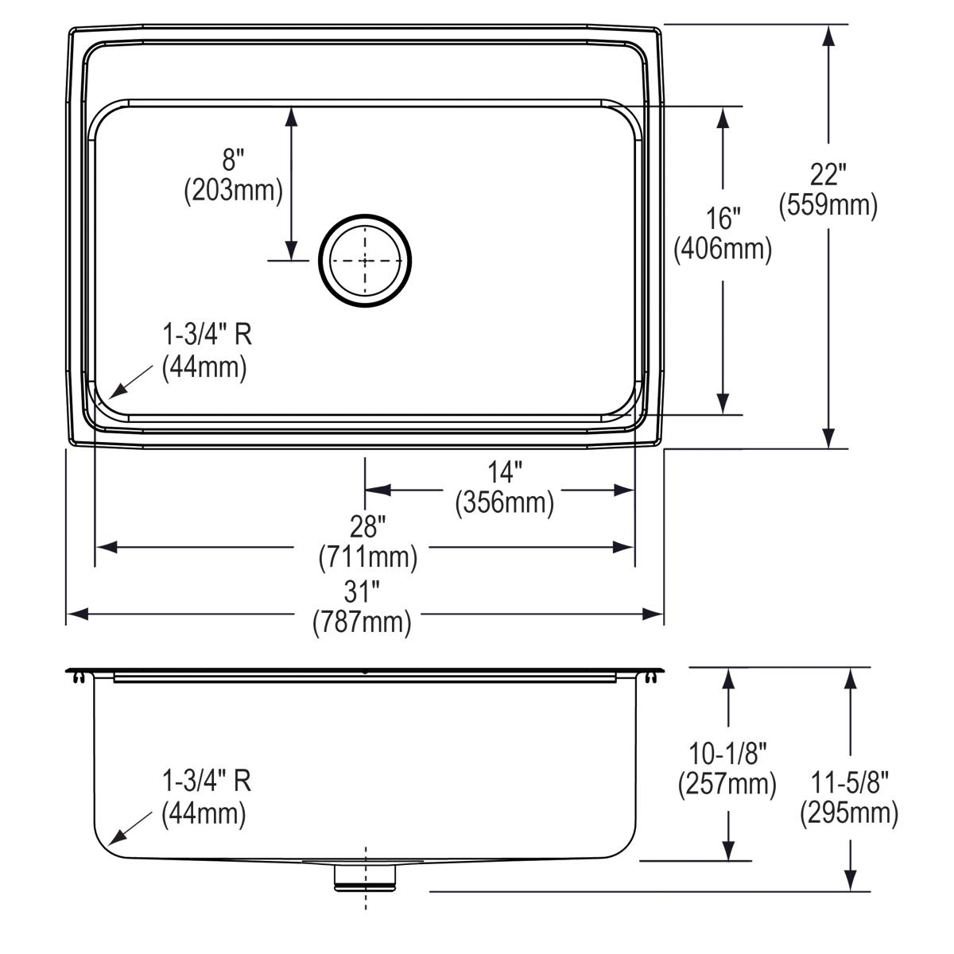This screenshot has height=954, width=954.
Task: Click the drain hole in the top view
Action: tap(365, 260)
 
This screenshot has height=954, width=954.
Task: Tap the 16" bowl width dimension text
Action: tap(723, 217)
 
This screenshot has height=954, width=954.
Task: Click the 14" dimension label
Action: tap(504, 473)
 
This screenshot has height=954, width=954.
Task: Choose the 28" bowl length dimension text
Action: tap(367, 526)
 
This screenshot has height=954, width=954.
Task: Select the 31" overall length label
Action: tap(362, 591)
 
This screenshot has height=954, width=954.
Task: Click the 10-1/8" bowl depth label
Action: tap(727, 750)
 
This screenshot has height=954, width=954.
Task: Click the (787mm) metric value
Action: tap(362, 621)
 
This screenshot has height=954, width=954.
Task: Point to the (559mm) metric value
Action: tap(828, 205)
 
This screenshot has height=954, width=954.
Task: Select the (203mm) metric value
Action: tap(233, 191)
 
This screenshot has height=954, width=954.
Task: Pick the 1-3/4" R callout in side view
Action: tap(207, 781)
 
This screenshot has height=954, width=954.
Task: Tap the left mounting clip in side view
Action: tap(78, 677)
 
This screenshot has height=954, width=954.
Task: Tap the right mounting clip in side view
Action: tap(653, 677)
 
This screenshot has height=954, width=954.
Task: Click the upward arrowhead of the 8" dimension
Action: tap(291, 116)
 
